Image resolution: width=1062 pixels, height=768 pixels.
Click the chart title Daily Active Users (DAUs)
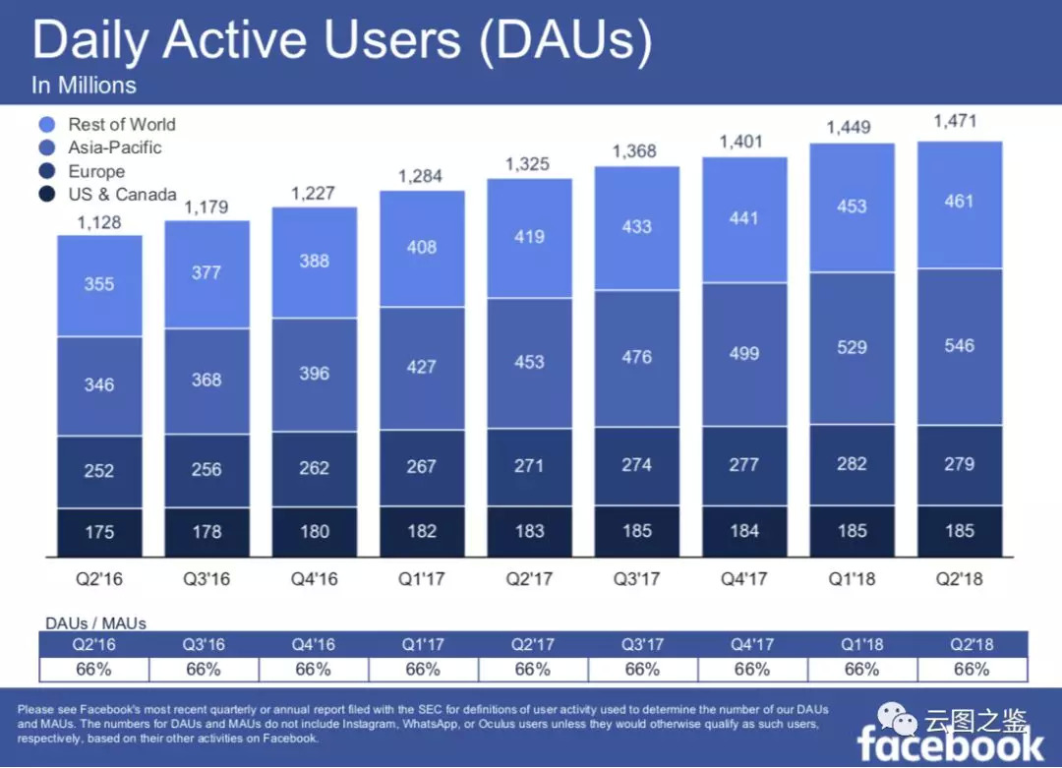(x=341, y=40)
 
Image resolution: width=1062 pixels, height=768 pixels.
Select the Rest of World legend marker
(x=47, y=125)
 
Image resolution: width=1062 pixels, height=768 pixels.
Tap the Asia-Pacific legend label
(x=114, y=148)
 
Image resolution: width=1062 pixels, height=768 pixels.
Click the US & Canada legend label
(x=122, y=195)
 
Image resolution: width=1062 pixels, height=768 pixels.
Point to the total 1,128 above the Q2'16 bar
(x=99, y=222)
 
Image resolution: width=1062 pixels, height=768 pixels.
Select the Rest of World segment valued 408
(x=422, y=248)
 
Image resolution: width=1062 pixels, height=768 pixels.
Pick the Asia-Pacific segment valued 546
(x=959, y=346)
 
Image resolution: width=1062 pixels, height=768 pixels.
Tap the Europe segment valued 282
(x=852, y=464)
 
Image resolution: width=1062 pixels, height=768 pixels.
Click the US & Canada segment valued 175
(x=99, y=532)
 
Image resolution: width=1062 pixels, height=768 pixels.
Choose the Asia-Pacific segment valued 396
(x=314, y=374)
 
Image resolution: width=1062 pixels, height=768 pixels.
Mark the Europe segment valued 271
(x=529, y=466)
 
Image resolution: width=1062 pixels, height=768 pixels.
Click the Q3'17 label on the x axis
(x=636, y=579)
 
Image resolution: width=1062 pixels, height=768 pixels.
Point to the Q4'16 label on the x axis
(x=314, y=579)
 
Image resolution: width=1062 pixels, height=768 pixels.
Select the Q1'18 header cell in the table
(x=861, y=645)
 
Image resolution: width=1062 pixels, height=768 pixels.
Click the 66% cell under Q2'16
(x=93, y=670)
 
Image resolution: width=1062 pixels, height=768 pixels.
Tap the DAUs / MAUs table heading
(x=95, y=623)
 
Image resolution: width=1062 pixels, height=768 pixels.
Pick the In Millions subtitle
(x=84, y=86)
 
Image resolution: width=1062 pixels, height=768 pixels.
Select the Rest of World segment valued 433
(x=636, y=226)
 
